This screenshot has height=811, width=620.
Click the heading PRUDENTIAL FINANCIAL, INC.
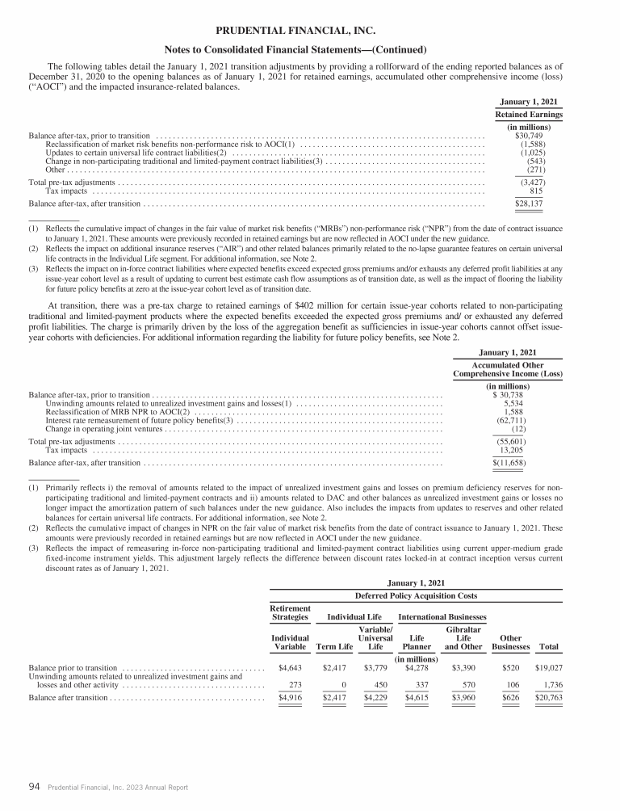(x=310, y=31)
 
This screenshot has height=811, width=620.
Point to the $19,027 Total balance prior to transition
(x=549, y=668)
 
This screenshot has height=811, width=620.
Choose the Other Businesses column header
(x=511, y=642)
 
